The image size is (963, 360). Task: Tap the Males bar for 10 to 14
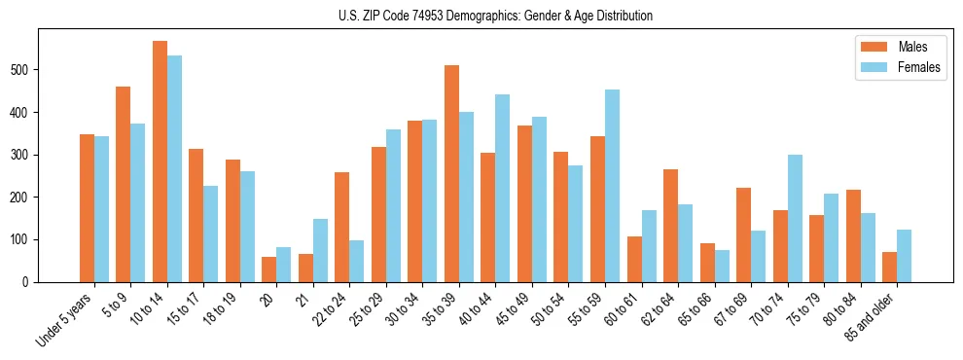pyautogui.click(x=160, y=162)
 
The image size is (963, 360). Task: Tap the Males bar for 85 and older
pyautogui.click(x=889, y=267)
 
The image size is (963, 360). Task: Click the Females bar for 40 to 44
pyautogui.click(x=503, y=188)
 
